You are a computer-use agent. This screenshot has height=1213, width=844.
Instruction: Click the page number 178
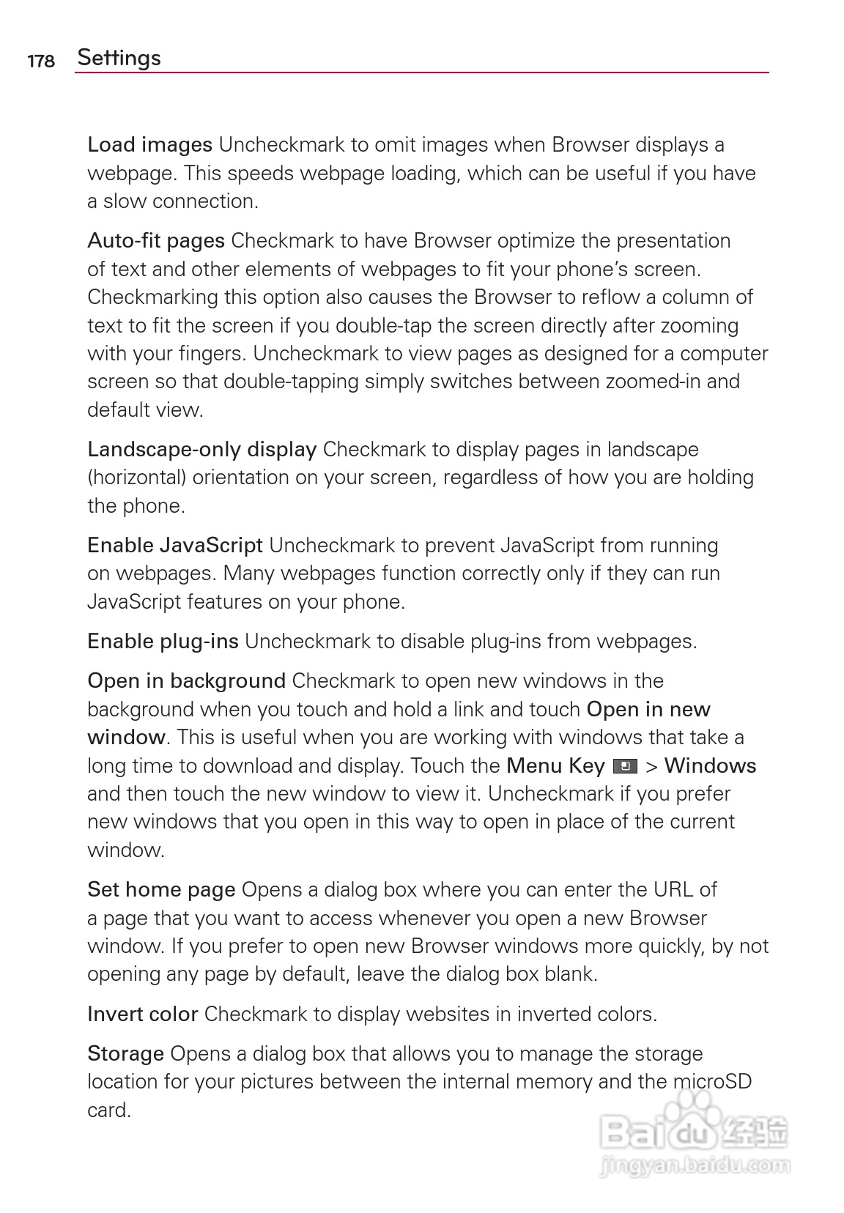[x=41, y=61]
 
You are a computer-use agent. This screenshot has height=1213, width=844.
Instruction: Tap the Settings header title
[x=119, y=58]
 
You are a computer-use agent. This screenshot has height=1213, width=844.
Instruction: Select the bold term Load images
[x=149, y=145]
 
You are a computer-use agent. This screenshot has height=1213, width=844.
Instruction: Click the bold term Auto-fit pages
[x=155, y=241]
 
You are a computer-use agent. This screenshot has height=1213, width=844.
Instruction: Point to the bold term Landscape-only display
[x=201, y=450]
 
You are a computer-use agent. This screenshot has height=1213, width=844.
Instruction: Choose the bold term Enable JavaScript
[x=174, y=546]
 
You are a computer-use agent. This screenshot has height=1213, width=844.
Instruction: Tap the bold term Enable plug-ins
[x=163, y=642]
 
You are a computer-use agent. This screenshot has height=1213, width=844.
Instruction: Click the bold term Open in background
[x=186, y=681]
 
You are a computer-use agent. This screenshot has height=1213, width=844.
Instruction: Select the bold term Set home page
[x=161, y=890]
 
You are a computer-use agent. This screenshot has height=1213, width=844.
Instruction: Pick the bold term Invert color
[x=142, y=1014]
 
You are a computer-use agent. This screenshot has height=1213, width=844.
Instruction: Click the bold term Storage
[x=125, y=1054]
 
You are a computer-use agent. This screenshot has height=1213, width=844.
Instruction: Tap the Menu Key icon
[x=624, y=767]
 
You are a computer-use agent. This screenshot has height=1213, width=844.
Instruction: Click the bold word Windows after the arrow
[x=710, y=766]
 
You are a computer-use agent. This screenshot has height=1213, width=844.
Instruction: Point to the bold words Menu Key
[x=555, y=766]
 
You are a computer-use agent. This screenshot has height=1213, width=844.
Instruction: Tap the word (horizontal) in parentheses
[x=136, y=478]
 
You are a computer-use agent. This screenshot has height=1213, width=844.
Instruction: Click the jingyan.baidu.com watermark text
[x=693, y=1164]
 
